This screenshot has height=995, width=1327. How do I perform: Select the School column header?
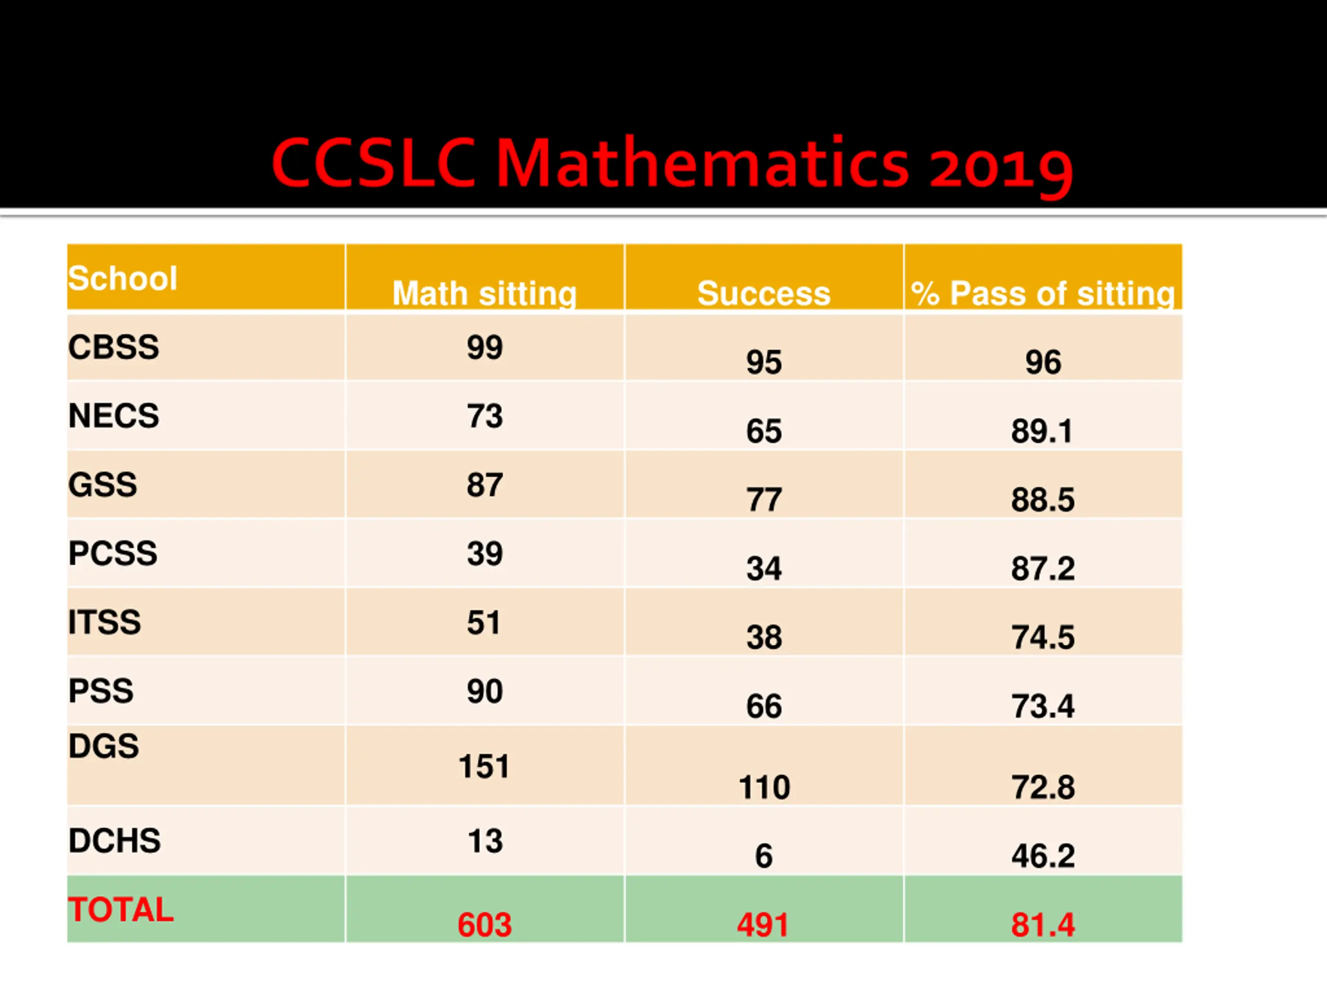(x=122, y=278)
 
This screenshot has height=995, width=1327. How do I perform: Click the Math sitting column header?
(x=485, y=294)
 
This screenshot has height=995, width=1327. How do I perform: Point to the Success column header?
(x=764, y=293)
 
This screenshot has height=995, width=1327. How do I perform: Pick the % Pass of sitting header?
(x=1042, y=294)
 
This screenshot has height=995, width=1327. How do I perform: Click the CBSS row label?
(x=114, y=347)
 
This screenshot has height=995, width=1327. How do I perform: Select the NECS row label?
(x=114, y=416)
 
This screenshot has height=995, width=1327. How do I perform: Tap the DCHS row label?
(x=115, y=841)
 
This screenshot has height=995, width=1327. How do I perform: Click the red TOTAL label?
(x=121, y=910)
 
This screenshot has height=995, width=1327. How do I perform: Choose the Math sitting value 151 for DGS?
(x=484, y=766)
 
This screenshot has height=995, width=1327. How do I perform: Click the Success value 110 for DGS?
(x=764, y=788)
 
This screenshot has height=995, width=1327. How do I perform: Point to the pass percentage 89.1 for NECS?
(x=1041, y=431)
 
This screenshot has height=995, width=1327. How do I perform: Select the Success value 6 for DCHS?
(x=764, y=856)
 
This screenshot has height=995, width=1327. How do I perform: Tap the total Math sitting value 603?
(x=485, y=925)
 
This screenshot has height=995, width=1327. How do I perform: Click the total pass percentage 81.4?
(x=1042, y=925)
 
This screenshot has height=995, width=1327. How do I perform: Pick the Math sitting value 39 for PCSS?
(x=485, y=553)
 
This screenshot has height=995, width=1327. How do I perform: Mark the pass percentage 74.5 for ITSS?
(x=1042, y=637)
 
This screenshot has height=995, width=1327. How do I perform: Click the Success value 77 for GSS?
(x=764, y=500)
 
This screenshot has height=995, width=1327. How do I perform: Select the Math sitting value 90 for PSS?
(x=485, y=691)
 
